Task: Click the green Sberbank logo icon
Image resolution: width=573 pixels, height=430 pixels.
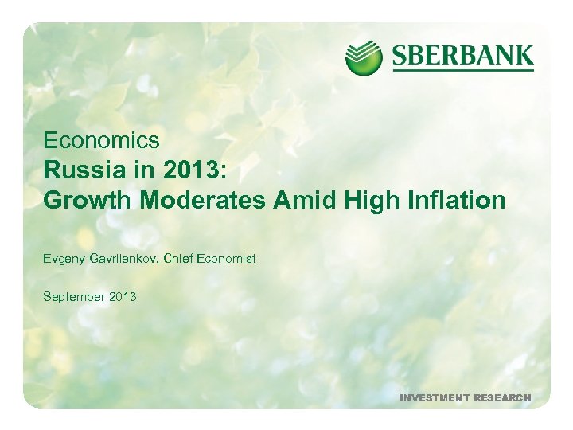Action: [364, 57]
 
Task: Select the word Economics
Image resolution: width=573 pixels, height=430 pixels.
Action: [101, 141]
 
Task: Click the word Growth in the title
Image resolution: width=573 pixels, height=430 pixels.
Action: [88, 201]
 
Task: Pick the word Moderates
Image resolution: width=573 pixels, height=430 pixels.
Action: [204, 201]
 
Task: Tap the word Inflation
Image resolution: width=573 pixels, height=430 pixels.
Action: [458, 201]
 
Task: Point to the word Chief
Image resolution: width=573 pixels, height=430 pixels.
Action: [182, 259]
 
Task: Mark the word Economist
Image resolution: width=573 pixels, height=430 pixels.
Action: [228, 259]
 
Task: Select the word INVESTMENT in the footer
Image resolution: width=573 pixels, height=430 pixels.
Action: [435, 397]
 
